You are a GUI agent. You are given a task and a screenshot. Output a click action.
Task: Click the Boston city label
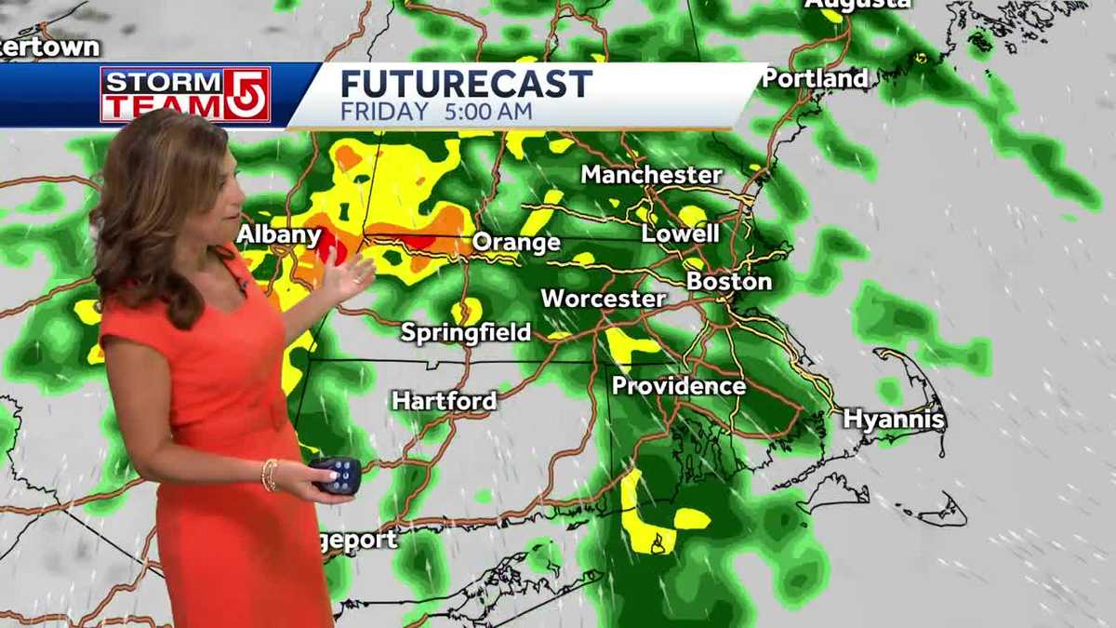pos(729,282)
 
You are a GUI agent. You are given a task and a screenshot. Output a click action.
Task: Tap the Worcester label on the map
pos(604,300)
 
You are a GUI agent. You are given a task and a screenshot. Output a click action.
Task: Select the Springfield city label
pos(466,333)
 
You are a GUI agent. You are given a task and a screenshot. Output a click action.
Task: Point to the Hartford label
pos(445,401)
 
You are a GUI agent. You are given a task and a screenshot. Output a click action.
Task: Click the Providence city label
pos(678,386)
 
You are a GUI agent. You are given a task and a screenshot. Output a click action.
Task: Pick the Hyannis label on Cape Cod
pos(894,420)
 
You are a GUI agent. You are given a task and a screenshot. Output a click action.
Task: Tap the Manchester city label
pos(651,175)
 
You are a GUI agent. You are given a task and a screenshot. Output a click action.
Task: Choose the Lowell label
pos(680,234)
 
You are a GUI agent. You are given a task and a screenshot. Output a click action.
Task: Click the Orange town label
pos(516,244)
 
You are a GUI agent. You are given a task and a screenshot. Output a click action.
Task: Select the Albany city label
pos(279,234)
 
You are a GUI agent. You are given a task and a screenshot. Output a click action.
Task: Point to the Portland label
pos(816,79)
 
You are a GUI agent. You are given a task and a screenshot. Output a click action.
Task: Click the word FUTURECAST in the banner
pos(466,85)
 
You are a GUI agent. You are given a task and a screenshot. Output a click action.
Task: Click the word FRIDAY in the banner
pos(385,112)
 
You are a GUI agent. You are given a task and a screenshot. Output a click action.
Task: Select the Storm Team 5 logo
pos(185,94)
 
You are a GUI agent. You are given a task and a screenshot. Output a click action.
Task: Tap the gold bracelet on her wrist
pos(270,474)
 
